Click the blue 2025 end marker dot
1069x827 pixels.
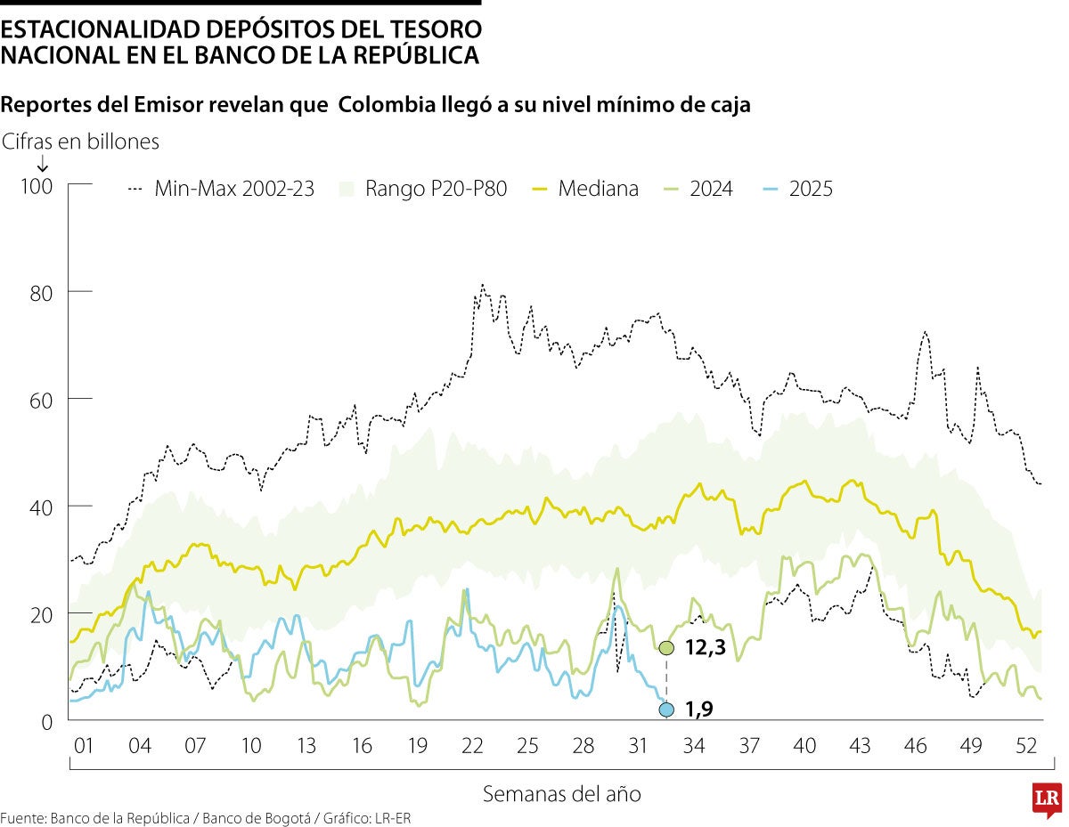point(666,709)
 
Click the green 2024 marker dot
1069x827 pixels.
point(666,648)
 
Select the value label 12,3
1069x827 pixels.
point(706,648)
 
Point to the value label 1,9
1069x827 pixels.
point(699,709)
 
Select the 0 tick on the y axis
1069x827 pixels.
point(48,721)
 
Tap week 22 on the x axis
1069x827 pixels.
point(472,745)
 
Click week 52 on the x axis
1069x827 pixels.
point(1026,745)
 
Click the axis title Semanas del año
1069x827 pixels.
point(561,793)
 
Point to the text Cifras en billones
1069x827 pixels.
point(81,142)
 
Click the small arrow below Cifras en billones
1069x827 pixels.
point(41,162)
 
